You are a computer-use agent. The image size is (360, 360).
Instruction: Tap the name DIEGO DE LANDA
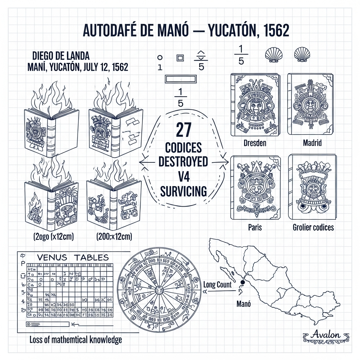tap(61, 56)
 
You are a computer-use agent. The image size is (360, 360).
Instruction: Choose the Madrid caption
tap(312, 143)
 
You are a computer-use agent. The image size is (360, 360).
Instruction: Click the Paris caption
tap(255, 227)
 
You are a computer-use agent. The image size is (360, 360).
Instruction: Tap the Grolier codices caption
tap(313, 227)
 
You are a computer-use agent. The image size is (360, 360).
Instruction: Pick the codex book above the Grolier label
tap(311, 188)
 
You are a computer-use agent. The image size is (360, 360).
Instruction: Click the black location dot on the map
tap(242, 282)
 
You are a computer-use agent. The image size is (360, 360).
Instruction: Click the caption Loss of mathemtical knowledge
tap(76, 340)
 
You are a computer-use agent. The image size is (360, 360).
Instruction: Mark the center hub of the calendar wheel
tap(158, 289)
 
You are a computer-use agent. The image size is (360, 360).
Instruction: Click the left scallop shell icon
tap(272, 55)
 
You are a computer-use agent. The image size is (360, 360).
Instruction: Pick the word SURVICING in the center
tap(183, 191)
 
